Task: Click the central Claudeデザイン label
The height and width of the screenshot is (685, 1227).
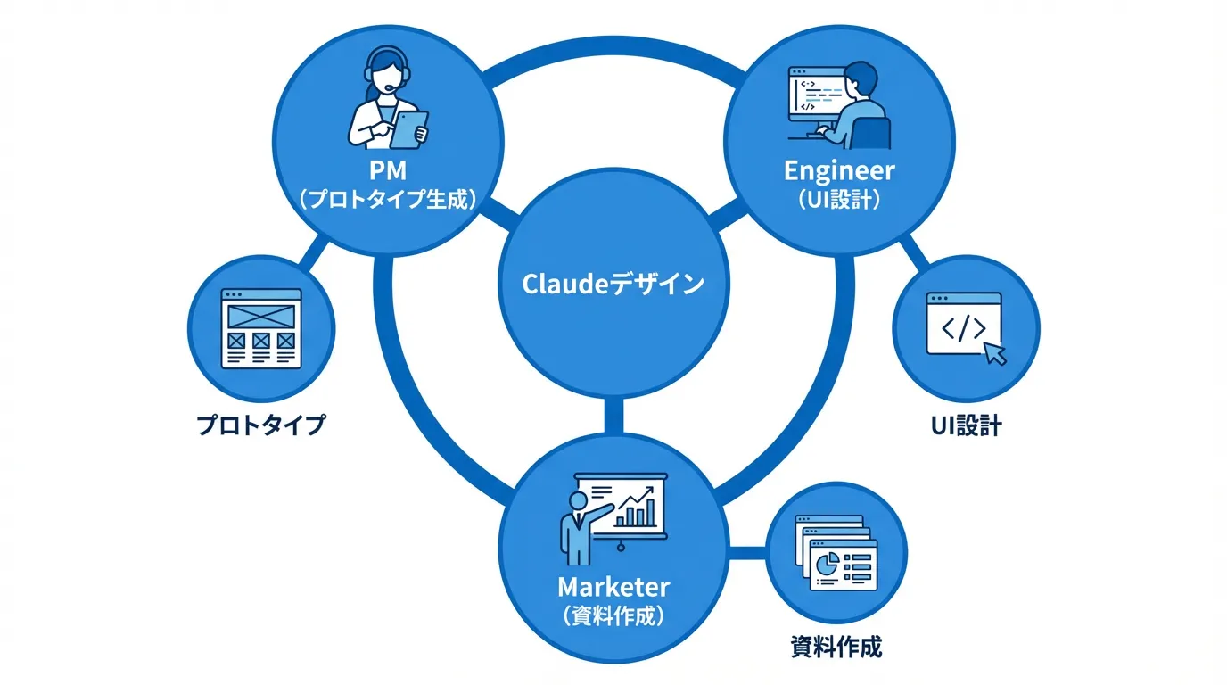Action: tap(613, 285)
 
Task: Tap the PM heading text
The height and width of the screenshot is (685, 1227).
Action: tap(386, 169)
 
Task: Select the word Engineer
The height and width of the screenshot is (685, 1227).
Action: tap(839, 169)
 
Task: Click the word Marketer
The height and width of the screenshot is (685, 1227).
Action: tap(613, 587)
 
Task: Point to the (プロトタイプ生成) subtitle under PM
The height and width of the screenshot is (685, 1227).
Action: tap(386, 199)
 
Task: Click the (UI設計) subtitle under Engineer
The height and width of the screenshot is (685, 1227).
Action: tap(839, 199)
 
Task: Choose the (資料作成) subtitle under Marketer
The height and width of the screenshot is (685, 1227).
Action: tap(613, 616)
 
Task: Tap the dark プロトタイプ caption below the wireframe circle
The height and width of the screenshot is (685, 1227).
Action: tap(261, 425)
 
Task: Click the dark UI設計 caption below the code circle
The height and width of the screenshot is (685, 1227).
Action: tap(966, 425)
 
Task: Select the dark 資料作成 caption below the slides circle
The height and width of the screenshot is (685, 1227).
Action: tap(836, 647)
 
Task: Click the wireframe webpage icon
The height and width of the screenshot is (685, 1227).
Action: tap(261, 327)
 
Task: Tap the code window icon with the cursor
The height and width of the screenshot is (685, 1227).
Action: tap(964, 326)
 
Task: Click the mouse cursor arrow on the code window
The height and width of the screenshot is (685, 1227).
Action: tap(993, 352)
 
